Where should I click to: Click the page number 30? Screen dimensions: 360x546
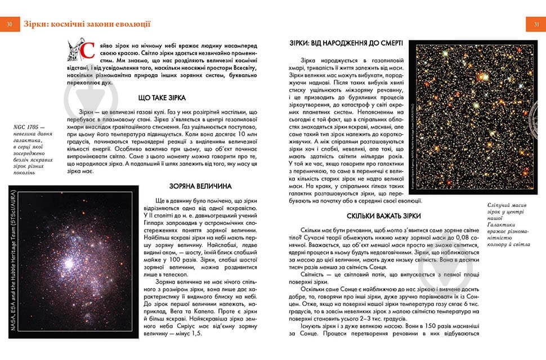pos(10,24)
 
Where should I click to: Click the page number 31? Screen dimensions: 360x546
pos(536,24)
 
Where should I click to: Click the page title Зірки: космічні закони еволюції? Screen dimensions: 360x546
pos(87,24)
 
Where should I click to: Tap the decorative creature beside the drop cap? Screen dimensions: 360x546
pos(75,49)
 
